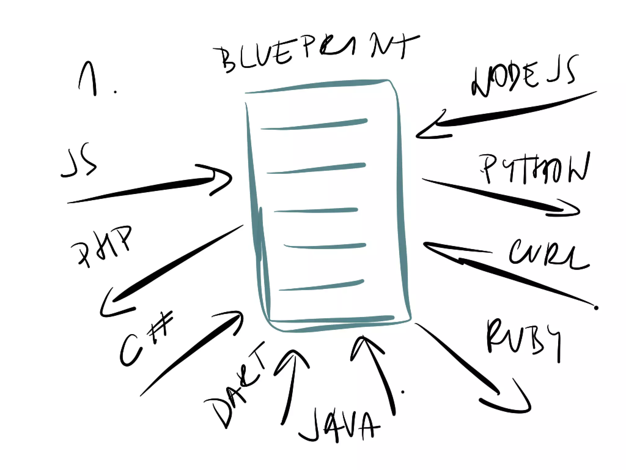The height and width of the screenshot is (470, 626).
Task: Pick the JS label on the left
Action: coord(79,162)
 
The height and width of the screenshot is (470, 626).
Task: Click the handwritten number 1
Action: coord(89,78)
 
